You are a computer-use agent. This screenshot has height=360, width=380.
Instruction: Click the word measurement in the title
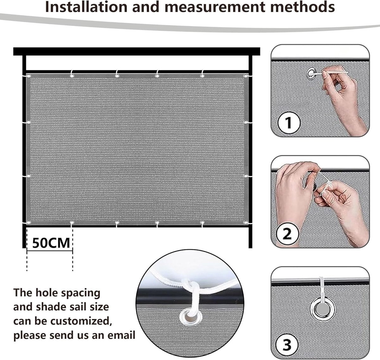[x=215, y=7]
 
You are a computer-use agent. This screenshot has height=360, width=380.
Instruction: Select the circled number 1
[x=289, y=123]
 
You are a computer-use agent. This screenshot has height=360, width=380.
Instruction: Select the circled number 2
[x=287, y=234]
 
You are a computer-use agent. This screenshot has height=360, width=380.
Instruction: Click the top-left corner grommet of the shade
[x=29, y=76]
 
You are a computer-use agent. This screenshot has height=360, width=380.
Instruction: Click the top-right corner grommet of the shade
[x=245, y=76]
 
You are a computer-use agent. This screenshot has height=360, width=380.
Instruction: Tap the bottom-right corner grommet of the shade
[x=245, y=223]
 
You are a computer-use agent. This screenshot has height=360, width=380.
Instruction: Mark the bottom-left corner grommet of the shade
[x=29, y=223]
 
